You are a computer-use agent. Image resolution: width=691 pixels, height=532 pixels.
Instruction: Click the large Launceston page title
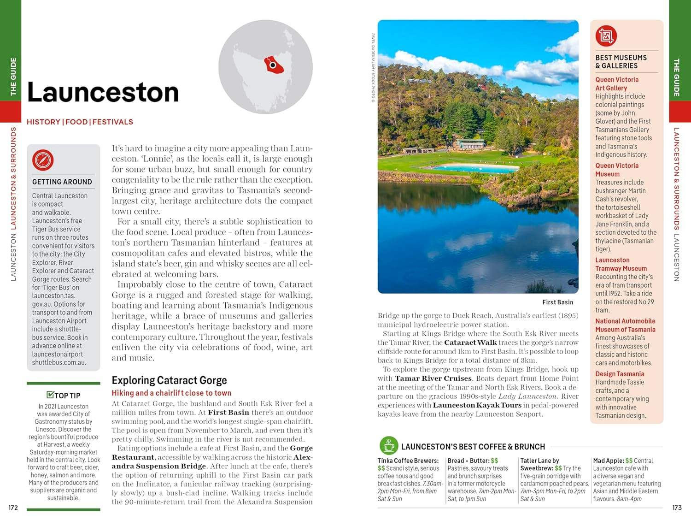(103, 92)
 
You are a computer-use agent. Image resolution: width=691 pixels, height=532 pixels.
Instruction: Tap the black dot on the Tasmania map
(273, 65)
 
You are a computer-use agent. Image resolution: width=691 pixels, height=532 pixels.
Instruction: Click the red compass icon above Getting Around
(43, 160)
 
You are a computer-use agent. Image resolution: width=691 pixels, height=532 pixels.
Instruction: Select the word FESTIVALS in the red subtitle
(113, 122)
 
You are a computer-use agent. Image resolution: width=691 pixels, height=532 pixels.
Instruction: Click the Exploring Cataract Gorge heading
(169, 380)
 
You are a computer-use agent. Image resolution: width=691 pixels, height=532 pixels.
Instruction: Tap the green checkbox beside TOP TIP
(50, 395)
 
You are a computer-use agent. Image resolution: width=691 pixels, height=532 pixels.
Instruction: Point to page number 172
(13, 508)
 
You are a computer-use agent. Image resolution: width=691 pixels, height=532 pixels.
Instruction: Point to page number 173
(676, 508)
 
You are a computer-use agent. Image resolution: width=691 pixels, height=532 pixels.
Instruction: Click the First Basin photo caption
(557, 302)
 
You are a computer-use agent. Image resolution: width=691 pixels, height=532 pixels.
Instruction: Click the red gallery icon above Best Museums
(606, 36)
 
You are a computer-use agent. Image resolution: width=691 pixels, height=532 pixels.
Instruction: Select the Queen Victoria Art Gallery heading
(616, 84)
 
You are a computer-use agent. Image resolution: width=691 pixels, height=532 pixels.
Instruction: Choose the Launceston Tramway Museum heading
(621, 264)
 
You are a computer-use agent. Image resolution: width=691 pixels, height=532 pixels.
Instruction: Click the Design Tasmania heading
(620, 374)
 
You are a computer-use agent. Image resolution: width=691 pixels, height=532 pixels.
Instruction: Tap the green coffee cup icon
(389, 445)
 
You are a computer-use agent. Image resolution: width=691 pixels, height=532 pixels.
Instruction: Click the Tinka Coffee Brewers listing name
(408, 461)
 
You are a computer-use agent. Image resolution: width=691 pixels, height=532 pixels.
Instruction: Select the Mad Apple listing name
(608, 461)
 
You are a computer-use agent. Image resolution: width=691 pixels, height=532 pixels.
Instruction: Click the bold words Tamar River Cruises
(433, 378)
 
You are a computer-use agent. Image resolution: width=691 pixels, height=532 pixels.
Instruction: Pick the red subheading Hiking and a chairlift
(171, 393)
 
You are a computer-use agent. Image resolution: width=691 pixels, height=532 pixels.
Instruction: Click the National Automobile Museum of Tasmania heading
(625, 325)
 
